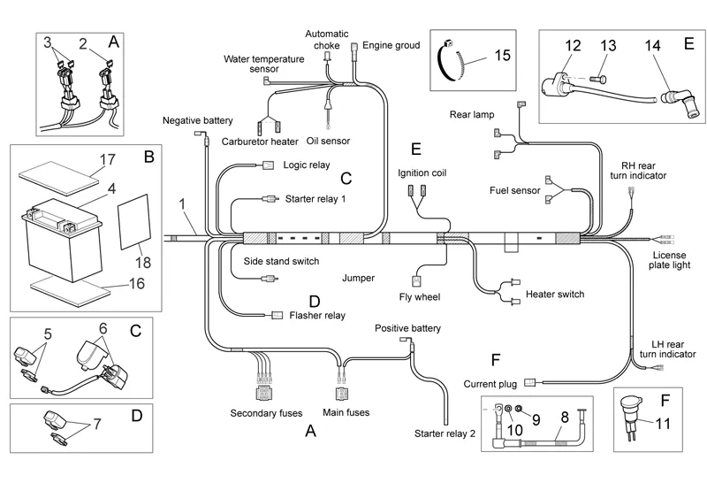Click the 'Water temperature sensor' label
[263, 64]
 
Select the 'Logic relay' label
[307, 165]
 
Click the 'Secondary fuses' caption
[266, 413]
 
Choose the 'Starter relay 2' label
[445, 433]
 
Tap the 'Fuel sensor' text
[515, 190]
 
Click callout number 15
[501, 56]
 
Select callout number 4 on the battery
[112, 188]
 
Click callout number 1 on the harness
[182, 205]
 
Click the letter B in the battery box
[148, 158]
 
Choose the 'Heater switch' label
[555, 295]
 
